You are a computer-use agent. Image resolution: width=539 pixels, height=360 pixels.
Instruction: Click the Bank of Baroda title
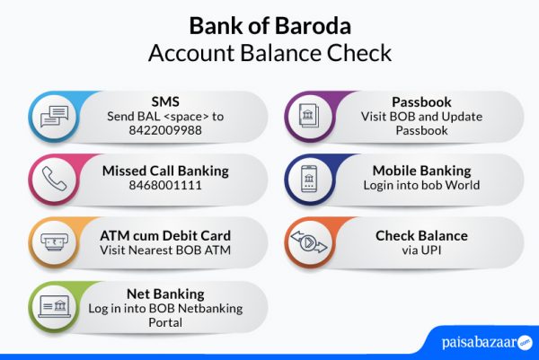(x=269, y=24)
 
